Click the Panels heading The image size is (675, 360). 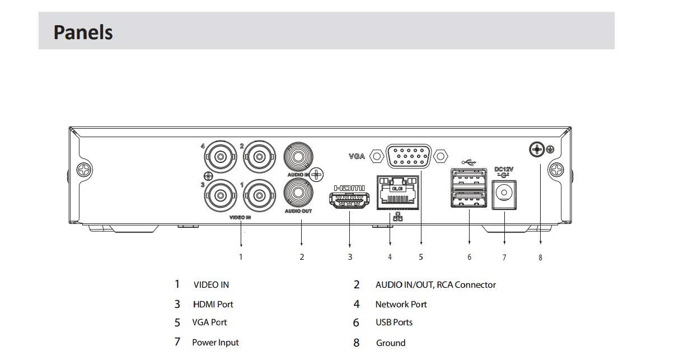83,32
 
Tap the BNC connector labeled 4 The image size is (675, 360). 221,157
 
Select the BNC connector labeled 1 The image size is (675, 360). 259,196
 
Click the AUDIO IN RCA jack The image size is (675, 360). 298,157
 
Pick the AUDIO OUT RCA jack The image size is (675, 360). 298,193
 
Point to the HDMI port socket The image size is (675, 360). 349,200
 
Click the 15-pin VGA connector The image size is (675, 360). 409,156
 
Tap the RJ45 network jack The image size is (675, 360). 398,193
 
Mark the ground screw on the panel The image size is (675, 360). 537,149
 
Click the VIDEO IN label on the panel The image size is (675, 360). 240,217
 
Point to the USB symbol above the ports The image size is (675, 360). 468,162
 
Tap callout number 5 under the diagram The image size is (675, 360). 421,257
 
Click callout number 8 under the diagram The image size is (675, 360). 540,258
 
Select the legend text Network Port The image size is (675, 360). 401,304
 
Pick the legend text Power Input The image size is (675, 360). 215,343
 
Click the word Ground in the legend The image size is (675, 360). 391,343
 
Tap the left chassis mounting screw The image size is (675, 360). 84,170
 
